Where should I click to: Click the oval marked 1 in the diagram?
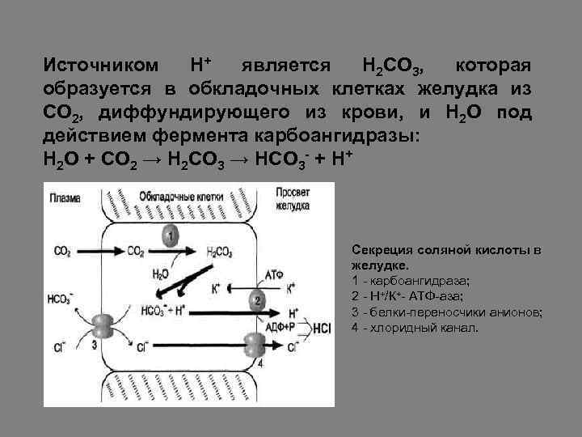[x=171, y=235]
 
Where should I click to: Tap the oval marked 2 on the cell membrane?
[x=256, y=300]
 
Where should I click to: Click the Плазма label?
[x=65, y=197]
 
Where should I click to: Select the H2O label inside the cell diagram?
[x=161, y=274]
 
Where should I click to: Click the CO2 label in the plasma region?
[x=61, y=252]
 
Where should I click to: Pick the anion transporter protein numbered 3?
[x=102, y=326]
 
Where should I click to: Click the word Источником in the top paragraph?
[x=98, y=65]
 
